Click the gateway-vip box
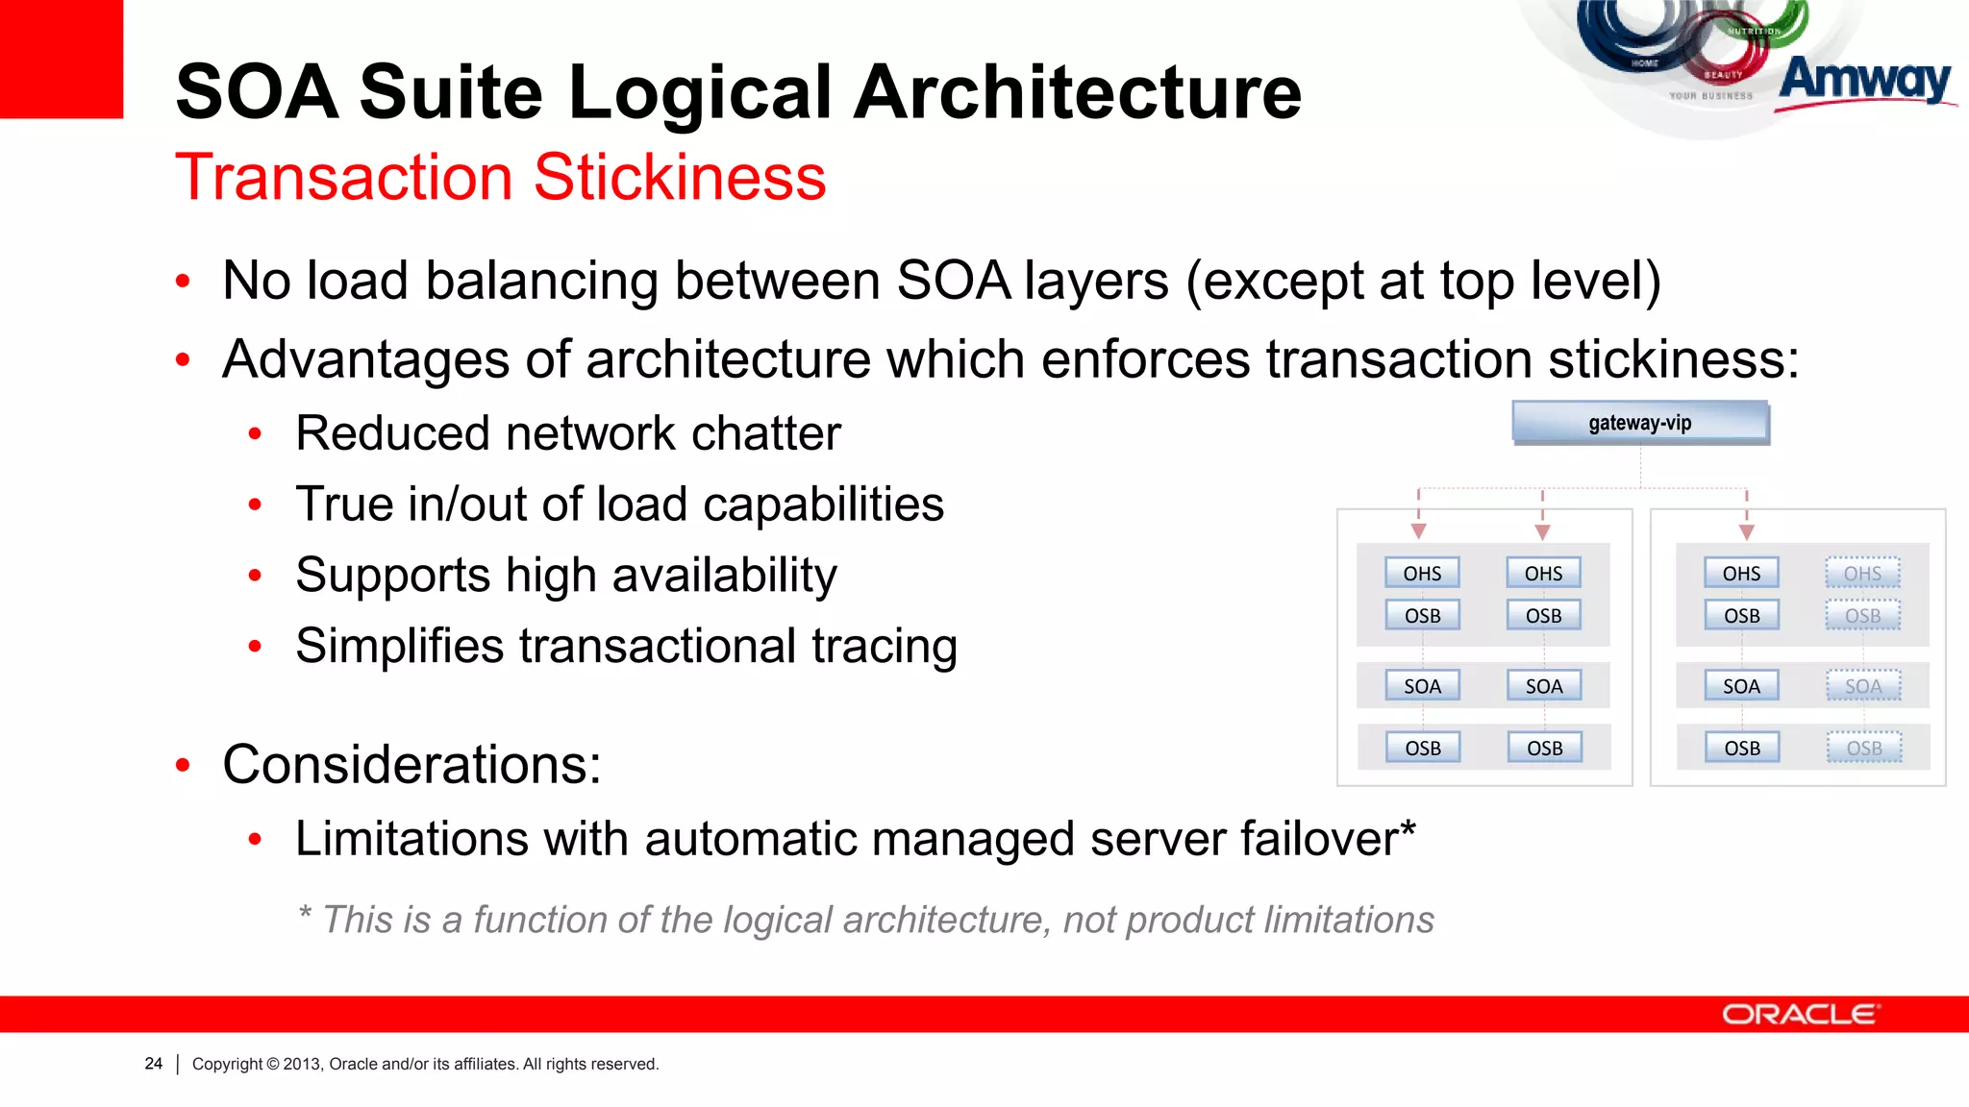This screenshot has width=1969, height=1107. coord(1639,423)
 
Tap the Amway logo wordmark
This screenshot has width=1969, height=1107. coord(1864,81)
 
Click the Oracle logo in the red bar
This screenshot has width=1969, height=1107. coord(1799,1015)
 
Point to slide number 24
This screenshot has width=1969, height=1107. coord(154,1064)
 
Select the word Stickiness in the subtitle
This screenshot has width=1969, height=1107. coord(680,178)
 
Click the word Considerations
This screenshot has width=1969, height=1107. coord(411,765)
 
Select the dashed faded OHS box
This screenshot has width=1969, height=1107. coord(1862,574)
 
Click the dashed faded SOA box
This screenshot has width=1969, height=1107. coord(1863,686)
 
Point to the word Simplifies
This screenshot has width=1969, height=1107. coord(399,646)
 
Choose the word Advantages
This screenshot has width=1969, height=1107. coord(365,359)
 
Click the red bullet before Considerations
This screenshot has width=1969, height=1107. coord(183,766)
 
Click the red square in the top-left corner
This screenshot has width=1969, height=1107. coord(61,58)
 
